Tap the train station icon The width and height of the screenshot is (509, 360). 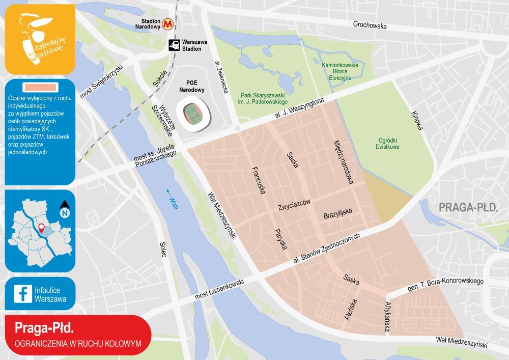click(174, 45)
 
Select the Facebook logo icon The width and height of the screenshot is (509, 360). click(22, 294)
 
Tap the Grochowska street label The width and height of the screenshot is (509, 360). click(370, 25)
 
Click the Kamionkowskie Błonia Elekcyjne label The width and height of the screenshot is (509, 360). click(341, 71)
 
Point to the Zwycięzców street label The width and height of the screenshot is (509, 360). click(294, 205)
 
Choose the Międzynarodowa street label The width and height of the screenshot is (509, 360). click(343, 161)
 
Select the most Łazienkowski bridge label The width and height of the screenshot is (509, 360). click(219, 289)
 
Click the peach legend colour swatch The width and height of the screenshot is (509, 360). click(40, 88)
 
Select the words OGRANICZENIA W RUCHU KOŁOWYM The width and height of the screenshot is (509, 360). click(78, 343)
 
